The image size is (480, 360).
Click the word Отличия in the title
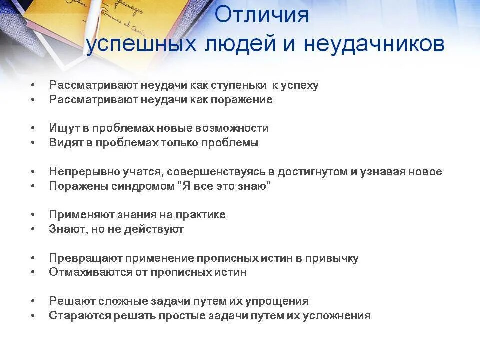coord(262,15)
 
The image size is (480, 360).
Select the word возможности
coord(235,128)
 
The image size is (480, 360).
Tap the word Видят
coord(65,143)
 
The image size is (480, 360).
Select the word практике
coord(202,215)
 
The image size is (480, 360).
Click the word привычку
coord(334,258)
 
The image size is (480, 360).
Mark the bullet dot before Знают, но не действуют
coord(33,229)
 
